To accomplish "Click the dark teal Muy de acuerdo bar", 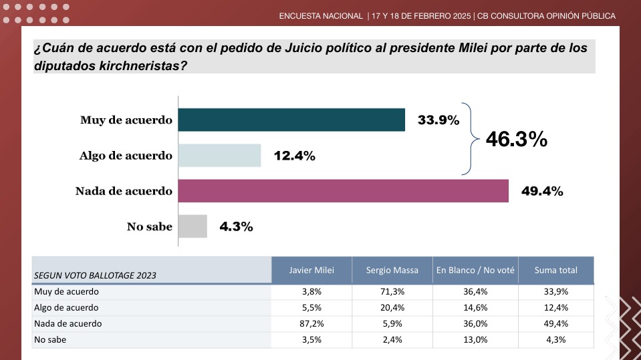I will coord(292,120).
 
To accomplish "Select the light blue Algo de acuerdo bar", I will coord(220,155).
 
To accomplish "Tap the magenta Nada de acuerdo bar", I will coord(344,190).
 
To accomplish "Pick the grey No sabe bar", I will coord(193,226).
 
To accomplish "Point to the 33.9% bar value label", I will coord(438,120).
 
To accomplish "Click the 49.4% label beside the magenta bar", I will coord(542,191).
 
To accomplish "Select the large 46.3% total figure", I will coord(516,139).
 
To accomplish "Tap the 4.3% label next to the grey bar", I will coord(236,226).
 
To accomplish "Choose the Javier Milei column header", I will coord(311,270).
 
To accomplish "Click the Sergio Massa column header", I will coord(392,270).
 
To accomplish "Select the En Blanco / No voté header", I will coord(475,270).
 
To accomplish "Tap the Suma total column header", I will coord(555,270).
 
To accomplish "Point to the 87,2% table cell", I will coord(311,323).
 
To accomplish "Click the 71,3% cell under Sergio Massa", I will coord(392,292).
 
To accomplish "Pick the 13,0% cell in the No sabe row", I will coord(475,339).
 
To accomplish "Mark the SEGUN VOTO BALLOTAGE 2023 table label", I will coord(95,275).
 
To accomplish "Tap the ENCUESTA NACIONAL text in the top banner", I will coord(321,15).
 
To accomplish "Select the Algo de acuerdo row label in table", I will coord(66,307).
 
